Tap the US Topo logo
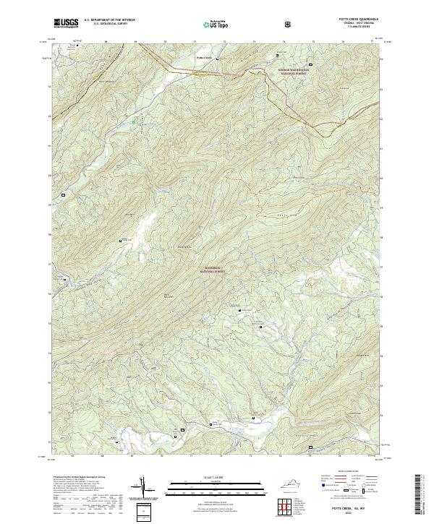[x=209, y=24]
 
